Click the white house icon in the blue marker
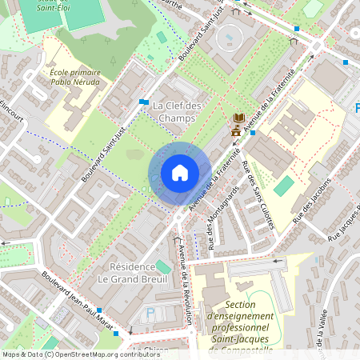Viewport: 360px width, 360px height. (x=179, y=173)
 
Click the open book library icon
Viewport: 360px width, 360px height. (x=238, y=118)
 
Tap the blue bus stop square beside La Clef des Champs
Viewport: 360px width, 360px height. (x=142, y=102)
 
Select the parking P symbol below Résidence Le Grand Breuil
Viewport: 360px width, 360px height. (x=150, y=314)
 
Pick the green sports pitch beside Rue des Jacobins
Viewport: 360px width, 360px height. (x=284, y=186)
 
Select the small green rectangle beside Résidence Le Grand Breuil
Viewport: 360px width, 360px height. (x=163, y=266)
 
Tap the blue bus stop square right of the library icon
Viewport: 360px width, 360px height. (x=253, y=133)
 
